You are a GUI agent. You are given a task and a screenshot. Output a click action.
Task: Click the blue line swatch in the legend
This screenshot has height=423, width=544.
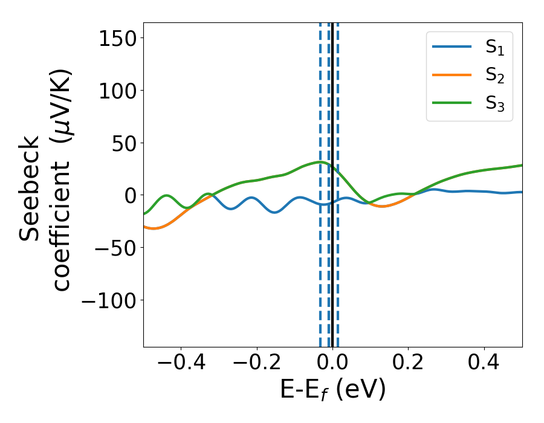452,48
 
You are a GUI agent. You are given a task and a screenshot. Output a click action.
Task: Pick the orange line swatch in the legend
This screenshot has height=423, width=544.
452,75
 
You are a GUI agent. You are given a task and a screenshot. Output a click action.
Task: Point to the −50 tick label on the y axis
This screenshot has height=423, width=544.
109,248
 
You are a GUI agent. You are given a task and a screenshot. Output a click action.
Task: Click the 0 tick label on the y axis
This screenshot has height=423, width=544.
128,195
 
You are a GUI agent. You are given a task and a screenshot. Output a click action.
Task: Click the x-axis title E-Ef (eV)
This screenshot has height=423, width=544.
332,390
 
